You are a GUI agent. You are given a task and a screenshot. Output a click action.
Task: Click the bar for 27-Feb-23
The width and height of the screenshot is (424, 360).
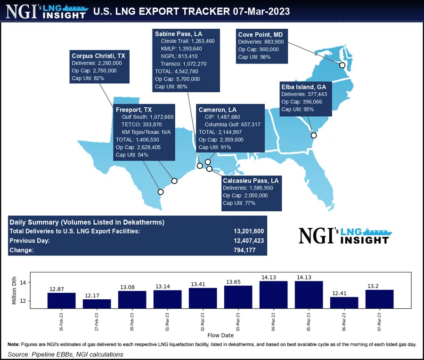[97, 304]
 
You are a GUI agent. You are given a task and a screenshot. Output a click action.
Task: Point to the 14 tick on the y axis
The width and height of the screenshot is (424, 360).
[28, 282]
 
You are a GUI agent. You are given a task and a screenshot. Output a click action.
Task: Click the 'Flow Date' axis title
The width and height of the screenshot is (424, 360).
[220, 336]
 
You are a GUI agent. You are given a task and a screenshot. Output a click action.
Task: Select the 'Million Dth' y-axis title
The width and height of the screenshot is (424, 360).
[15, 290]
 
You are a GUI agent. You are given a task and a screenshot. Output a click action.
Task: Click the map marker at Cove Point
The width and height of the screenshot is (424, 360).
[342, 65]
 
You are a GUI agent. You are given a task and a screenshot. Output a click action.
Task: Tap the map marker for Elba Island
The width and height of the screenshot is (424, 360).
[314, 136]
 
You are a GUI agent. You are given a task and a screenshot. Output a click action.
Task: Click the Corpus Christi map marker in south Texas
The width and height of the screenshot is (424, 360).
[161, 192]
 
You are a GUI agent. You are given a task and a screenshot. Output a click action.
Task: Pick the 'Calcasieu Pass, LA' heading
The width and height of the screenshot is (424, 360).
[251, 180]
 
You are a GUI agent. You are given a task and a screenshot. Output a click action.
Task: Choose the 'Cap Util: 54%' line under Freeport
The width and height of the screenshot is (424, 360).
[132, 155]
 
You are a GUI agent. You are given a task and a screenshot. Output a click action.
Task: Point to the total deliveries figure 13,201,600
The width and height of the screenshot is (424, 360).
[249, 231]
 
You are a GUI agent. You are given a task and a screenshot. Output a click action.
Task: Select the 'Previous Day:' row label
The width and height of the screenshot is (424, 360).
[29, 240]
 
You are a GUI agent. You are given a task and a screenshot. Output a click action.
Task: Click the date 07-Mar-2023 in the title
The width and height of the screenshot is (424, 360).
[258, 10]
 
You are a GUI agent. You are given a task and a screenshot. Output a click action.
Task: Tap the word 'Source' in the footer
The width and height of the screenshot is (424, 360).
[19, 354]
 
